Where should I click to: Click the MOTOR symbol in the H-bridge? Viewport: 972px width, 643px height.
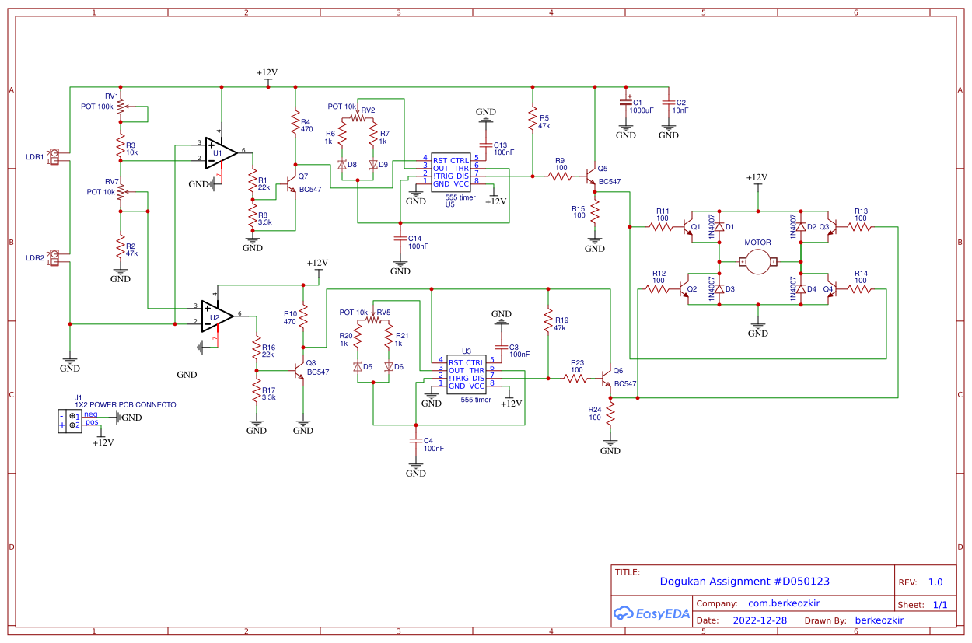[757, 262]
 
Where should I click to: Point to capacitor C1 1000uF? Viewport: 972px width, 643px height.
[625, 103]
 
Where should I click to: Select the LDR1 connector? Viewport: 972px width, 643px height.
[54, 157]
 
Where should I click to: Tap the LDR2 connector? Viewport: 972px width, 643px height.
[54, 258]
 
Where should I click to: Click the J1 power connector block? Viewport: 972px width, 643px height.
[70, 421]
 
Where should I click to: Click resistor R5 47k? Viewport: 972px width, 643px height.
[533, 119]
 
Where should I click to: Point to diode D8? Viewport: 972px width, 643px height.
[341, 165]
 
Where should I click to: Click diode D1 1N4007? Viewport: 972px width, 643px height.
[719, 226]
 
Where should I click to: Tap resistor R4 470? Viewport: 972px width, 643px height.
[295, 124]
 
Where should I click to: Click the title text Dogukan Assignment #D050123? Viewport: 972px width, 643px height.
[744, 582]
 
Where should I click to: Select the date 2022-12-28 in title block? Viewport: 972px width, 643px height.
[760, 620]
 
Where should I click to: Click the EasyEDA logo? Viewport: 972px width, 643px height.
[652, 613]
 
